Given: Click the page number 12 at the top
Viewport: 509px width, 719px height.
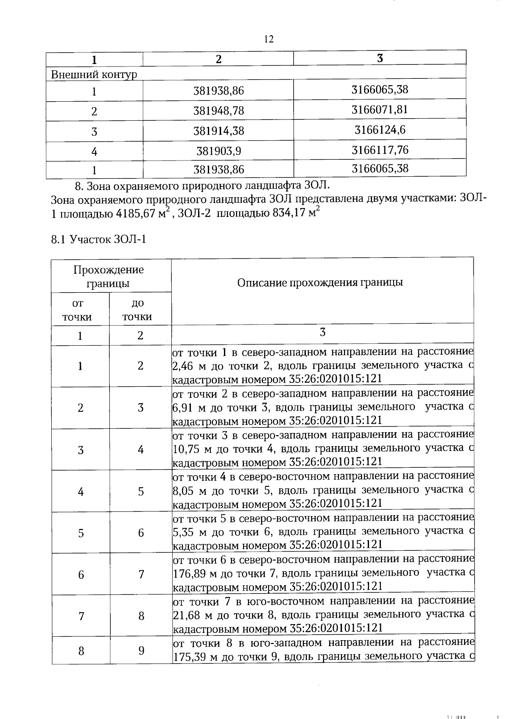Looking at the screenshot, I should [269, 39].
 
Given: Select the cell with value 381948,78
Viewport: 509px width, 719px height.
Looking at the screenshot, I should [218, 111].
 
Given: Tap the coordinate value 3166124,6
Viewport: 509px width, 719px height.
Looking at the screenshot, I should [380, 130].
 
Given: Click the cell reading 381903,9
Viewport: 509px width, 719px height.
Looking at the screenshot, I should [219, 151].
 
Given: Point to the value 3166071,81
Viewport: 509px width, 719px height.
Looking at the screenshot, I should [380, 110].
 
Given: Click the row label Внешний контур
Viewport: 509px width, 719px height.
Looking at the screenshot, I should [94, 75].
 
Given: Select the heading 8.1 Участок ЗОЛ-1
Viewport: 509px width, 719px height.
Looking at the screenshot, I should [98, 240].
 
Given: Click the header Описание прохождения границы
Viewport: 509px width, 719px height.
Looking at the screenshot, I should [320, 283].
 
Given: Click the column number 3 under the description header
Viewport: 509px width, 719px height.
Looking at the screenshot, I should [322, 332].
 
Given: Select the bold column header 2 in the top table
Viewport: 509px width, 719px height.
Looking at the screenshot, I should [218, 59].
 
